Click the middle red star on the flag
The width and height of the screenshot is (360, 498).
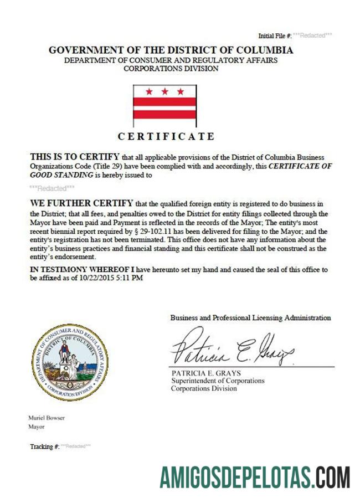coord(164,91)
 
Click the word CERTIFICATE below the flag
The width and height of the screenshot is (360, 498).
coord(166,136)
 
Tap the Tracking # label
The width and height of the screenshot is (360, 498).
coord(44,446)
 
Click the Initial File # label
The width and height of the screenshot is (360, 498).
coord(275,35)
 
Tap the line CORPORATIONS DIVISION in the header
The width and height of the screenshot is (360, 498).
coord(171,69)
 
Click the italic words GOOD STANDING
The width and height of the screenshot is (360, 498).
coord(61,174)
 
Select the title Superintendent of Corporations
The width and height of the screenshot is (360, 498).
coord(217,381)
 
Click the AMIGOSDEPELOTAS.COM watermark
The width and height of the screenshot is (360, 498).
coord(255,476)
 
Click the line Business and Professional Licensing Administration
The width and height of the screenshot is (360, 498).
coord(250,318)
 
